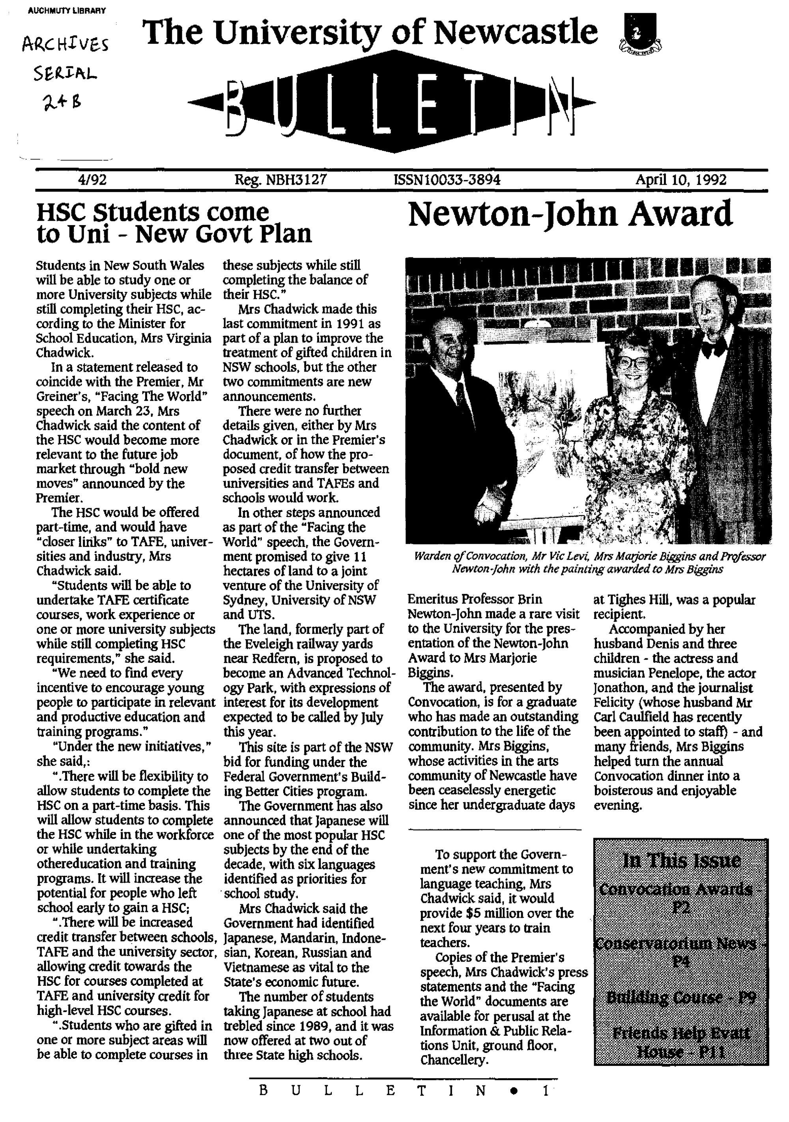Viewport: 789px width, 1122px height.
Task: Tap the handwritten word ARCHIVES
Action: (65, 47)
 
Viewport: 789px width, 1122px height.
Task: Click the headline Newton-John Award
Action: (569, 214)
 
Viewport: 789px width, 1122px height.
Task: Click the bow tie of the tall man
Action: (713, 349)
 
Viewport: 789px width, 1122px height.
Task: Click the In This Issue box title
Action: (681, 860)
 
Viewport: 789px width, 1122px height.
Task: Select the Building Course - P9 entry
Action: (681, 997)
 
